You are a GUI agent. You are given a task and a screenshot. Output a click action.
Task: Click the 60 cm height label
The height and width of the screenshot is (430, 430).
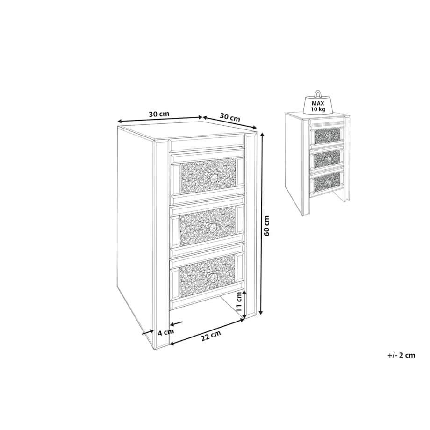point(267,225)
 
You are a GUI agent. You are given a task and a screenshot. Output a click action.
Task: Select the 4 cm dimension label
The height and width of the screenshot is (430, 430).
point(166,332)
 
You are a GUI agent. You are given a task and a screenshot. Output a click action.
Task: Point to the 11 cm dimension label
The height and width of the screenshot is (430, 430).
point(239,301)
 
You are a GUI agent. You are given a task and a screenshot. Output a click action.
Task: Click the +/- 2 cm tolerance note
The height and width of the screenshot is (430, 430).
point(401,355)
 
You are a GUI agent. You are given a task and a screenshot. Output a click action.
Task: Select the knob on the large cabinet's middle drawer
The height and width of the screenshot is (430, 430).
point(211,227)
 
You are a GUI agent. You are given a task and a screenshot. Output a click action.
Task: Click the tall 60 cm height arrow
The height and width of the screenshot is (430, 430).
point(261,223)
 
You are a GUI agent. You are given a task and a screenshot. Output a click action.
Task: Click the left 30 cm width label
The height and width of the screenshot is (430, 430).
point(159,114)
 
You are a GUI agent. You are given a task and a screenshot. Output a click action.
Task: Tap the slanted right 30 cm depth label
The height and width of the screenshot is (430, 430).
point(230,117)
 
